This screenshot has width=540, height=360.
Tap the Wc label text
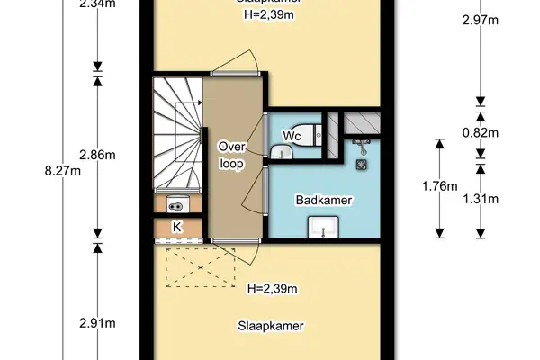pos(292,136)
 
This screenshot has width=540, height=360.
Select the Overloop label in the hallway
pos(232,155)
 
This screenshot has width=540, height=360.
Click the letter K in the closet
pos(177,228)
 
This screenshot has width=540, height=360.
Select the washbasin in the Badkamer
pos(321,233)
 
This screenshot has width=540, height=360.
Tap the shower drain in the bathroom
pos(363,165)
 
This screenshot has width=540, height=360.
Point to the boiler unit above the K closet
pos(177,203)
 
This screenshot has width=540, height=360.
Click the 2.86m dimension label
pos(97,155)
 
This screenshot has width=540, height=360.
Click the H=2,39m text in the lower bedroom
pos(272,289)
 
